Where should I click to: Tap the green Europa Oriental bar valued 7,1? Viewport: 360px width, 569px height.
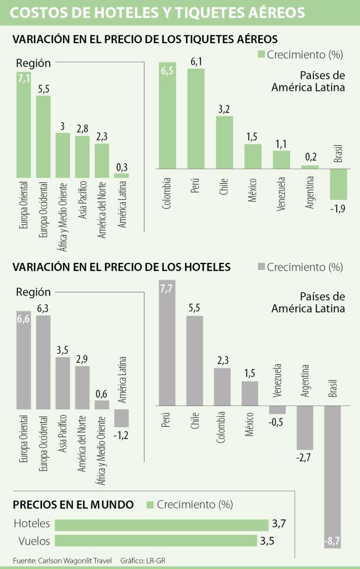pos(24,123)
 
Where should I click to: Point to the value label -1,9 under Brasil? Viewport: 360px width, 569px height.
pos(339,208)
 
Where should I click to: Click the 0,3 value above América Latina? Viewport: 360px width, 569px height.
pos(121,167)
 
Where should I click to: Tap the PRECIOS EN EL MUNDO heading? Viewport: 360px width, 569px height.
pos(73,504)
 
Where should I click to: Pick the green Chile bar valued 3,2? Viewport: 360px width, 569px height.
pos(224,142)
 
